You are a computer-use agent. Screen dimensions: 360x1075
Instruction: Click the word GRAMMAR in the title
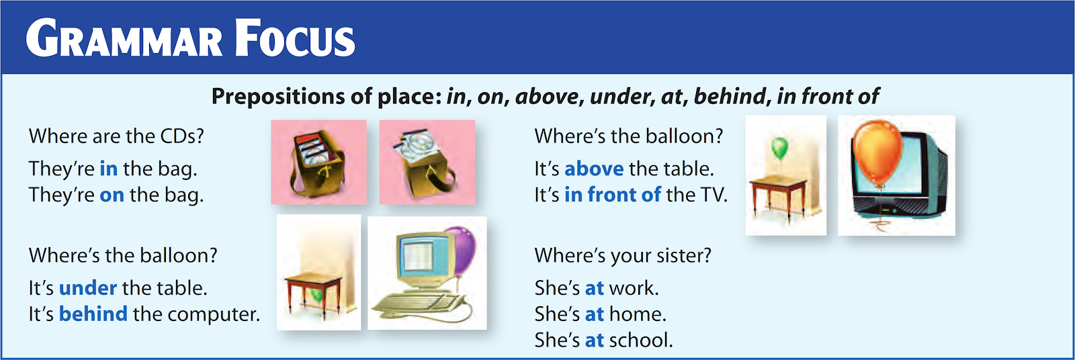click(x=124, y=39)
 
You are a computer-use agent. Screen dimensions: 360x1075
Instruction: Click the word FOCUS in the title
click(x=295, y=39)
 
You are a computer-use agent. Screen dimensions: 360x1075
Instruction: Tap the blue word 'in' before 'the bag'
click(x=108, y=169)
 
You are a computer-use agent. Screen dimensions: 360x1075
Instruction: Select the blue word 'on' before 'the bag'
click(x=112, y=195)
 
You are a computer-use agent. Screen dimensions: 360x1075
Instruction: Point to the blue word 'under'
click(x=88, y=288)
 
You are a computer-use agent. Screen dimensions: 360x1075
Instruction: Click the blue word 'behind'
click(x=93, y=314)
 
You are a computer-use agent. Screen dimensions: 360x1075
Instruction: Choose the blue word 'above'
click(x=594, y=169)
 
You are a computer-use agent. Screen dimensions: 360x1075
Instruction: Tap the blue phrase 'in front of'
click(x=612, y=195)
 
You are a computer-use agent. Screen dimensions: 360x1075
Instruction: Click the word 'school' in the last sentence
click(x=639, y=341)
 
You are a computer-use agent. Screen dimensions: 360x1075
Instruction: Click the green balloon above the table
click(x=779, y=147)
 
